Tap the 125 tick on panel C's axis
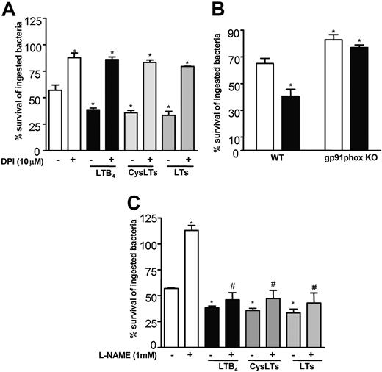[x=151, y=218]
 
